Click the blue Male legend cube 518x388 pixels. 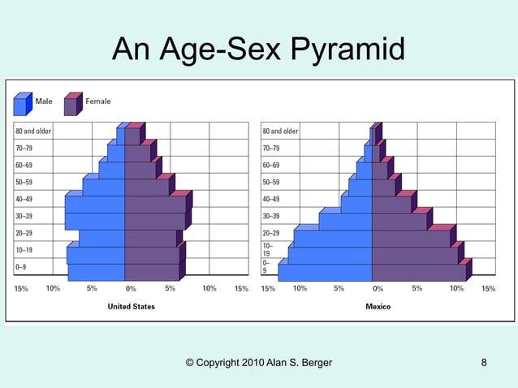[22, 105]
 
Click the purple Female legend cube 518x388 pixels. [71, 105]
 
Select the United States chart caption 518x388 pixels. [132, 307]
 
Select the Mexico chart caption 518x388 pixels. [378, 307]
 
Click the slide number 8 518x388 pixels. [484, 362]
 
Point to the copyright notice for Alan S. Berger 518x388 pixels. [258, 362]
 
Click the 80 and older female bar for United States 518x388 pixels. [132, 136]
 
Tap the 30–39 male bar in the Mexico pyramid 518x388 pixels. [345, 222]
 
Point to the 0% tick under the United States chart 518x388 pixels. [131, 288]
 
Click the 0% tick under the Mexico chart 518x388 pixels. [378, 288]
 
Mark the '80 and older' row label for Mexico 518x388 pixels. [280, 131]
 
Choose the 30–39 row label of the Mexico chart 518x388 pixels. [271, 217]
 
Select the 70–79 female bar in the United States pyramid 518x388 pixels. [137, 153]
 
